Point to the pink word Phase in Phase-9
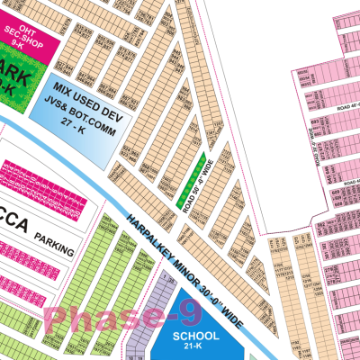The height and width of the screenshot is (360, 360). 85,320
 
